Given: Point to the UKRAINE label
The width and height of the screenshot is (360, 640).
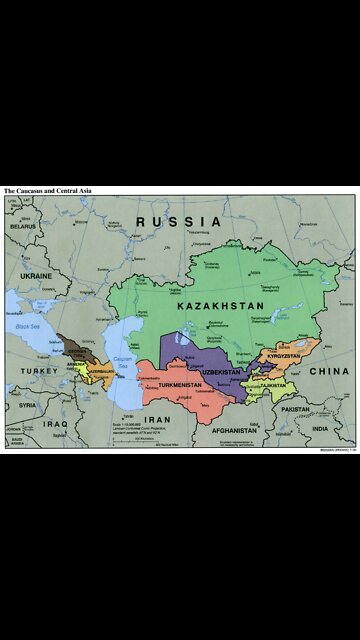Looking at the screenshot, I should click(x=35, y=274).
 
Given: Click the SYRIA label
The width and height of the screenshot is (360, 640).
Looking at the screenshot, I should click(x=27, y=405).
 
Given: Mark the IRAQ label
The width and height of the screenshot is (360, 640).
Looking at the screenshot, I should click(x=55, y=423).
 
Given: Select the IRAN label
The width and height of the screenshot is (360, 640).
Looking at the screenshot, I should click(x=158, y=420).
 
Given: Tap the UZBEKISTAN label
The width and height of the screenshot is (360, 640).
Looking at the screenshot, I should click(x=220, y=372).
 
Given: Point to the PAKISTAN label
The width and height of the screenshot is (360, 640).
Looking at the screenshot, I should click(x=295, y=410).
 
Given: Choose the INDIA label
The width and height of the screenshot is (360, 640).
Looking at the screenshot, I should click(x=319, y=429).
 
